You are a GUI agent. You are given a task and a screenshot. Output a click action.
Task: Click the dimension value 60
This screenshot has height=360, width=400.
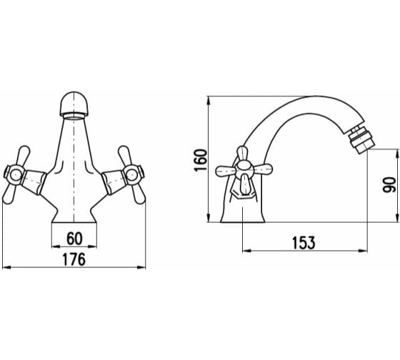(74, 239)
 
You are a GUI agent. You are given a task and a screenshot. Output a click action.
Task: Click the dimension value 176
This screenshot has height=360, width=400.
(74, 259)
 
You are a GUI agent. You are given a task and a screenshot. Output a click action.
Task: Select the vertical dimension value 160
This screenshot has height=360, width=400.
(201, 161)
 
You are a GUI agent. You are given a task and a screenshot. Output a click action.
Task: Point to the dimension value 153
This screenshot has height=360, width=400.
(304, 243)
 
